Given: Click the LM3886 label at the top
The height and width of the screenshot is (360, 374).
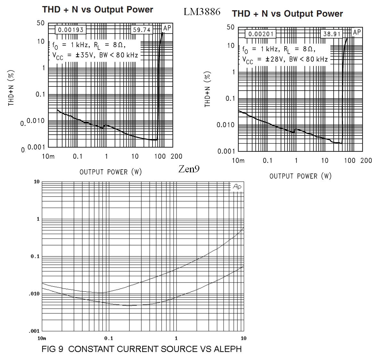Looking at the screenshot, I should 202,12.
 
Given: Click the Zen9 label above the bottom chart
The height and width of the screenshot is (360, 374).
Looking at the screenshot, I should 189,169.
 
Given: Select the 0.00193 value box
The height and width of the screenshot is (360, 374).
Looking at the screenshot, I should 71,30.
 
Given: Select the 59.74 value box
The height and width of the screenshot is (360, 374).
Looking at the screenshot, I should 142,30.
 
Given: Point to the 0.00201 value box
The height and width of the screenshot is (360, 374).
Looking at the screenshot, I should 261,34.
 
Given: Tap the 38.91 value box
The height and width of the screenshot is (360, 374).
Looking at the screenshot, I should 332,34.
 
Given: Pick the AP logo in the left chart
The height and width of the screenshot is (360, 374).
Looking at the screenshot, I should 167,28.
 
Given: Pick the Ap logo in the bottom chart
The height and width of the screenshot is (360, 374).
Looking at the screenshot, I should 237,187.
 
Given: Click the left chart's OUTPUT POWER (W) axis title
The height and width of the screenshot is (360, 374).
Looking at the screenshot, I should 111,172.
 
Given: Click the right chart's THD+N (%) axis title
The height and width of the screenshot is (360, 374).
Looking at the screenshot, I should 207,89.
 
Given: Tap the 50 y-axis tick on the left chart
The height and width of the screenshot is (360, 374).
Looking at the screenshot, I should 41,23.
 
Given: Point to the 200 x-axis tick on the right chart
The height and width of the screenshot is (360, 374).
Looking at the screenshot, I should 366,160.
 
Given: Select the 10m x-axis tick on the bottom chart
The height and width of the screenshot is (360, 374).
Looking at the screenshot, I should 42,338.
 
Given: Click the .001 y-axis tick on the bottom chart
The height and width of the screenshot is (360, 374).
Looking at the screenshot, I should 34,331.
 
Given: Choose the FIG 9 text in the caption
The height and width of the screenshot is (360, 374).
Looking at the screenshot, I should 53,349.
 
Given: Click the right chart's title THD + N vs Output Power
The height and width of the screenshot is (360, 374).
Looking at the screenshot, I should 287,14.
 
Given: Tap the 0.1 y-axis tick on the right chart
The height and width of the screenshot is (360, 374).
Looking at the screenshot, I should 230,98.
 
